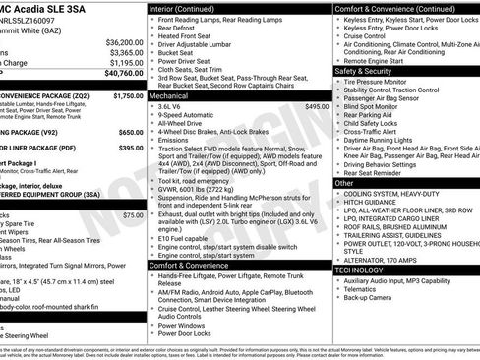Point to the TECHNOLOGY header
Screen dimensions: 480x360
(x=359, y=269)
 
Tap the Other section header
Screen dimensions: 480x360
(x=344, y=183)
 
